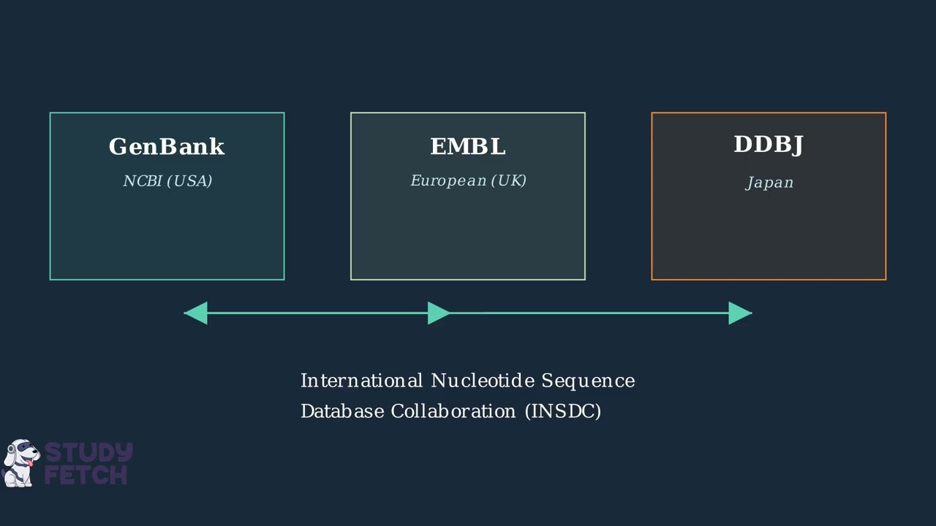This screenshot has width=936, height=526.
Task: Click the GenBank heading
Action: [167, 147]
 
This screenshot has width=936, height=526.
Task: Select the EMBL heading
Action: [468, 147]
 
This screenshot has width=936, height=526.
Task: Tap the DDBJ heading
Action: [769, 145]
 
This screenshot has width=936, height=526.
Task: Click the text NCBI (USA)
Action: [167, 181]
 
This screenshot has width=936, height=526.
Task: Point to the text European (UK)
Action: [468, 180]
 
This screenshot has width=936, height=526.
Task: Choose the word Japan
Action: [769, 183]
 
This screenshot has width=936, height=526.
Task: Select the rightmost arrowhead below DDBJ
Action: [740, 313]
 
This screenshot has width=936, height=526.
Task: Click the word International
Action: [361, 381]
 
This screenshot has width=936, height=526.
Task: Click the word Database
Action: [341, 411]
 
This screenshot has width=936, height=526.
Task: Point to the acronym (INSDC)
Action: [563, 411]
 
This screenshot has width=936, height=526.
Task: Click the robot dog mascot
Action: [20, 463]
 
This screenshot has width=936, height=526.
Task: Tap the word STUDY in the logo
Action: [88, 453]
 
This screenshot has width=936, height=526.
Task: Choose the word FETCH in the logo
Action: [86, 475]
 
